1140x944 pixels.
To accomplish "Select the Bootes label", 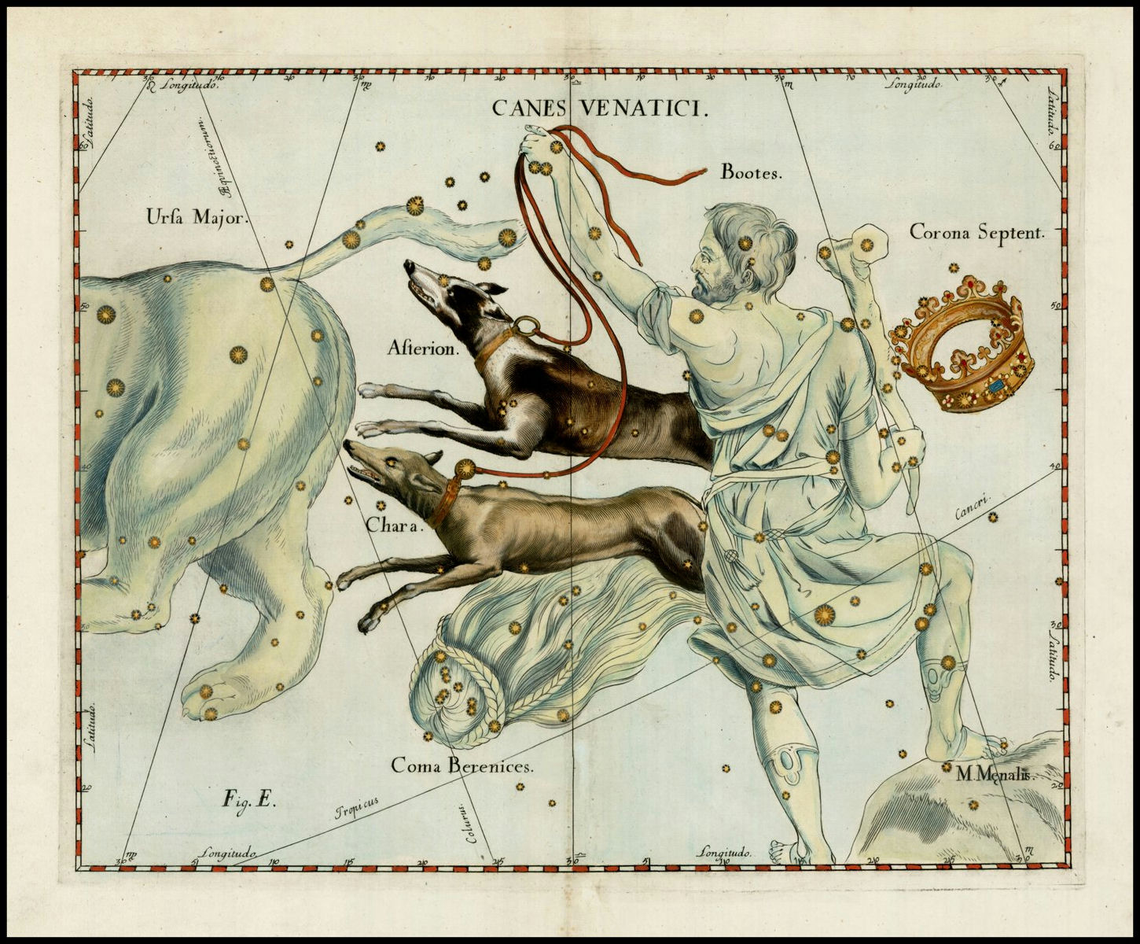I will (x=752, y=172).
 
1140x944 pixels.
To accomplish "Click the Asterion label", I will (x=422, y=348).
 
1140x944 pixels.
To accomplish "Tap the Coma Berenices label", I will (x=463, y=764).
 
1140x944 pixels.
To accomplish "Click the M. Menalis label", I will (x=993, y=774).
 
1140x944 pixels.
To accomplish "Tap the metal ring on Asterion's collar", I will (x=526, y=325).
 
